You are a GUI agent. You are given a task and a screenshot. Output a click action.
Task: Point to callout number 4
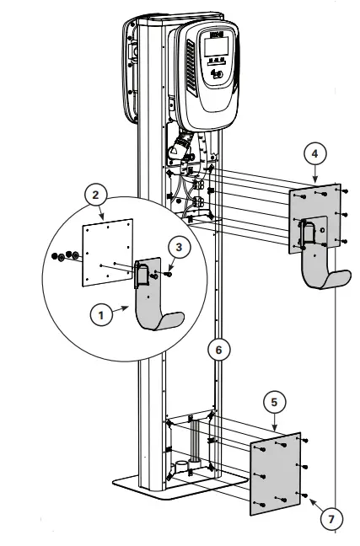coord(314,154)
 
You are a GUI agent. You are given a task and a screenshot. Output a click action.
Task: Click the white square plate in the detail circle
coord(108,253)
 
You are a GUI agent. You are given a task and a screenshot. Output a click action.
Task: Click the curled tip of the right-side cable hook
coord(342,278)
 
